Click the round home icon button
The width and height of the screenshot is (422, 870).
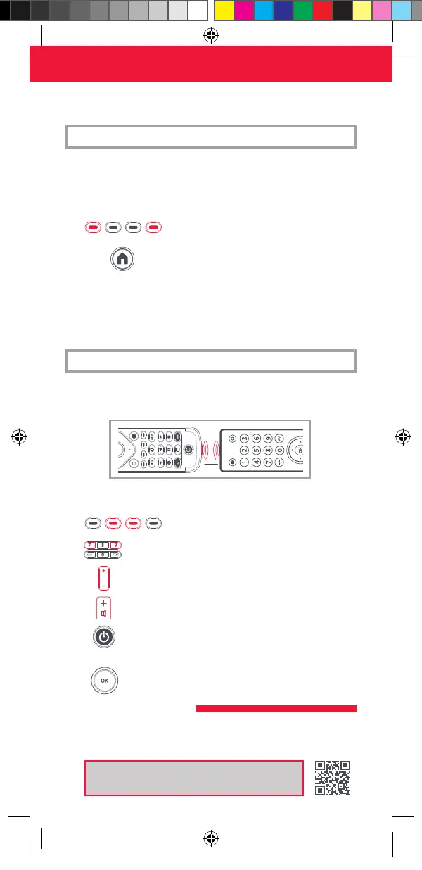pyautogui.click(x=122, y=259)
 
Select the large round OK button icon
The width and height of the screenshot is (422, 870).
pyautogui.click(x=104, y=681)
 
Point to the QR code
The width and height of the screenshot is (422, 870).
pyautogui.click(x=333, y=778)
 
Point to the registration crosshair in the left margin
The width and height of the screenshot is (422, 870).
pyautogui.click(x=19, y=436)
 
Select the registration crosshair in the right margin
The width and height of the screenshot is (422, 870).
pyautogui.click(x=402, y=436)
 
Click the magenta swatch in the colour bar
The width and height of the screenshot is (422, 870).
pyautogui.click(x=243, y=10)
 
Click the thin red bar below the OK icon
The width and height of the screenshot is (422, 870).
pyautogui.click(x=276, y=709)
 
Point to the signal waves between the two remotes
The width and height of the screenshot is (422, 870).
pyautogui.click(x=206, y=449)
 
